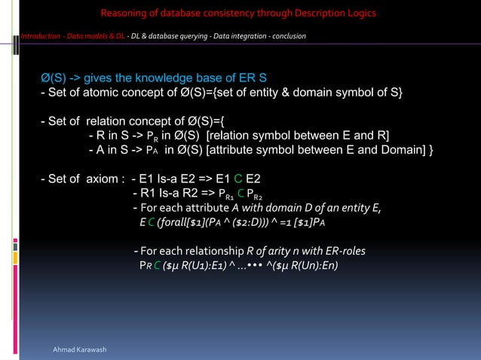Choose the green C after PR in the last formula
click(x=156, y=267)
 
